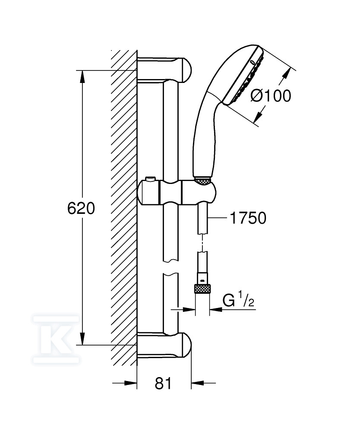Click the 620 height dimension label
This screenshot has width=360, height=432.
(x=81, y=208)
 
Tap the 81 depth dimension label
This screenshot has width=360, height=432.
(x=163, y=384)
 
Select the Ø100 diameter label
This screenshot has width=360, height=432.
(x=271, y=96)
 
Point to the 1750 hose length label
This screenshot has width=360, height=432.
(x=248, y=218)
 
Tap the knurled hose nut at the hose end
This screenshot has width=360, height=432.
(x=202, y=289)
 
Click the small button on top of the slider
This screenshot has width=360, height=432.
(x=150, y=179)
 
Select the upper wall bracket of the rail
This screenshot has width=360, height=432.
(x=164, y=70)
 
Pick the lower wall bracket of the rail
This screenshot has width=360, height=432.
(x=164, y=345)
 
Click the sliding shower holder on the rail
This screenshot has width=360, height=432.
(x=177, y=193)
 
